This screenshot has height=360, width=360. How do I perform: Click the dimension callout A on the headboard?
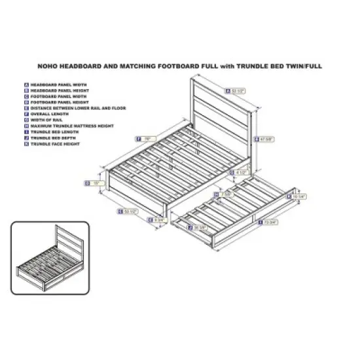[236, 91]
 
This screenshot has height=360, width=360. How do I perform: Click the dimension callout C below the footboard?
[127, 211]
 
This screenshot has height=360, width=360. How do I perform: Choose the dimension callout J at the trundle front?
[196, 227]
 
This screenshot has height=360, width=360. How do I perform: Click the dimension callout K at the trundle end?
[297, 195]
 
